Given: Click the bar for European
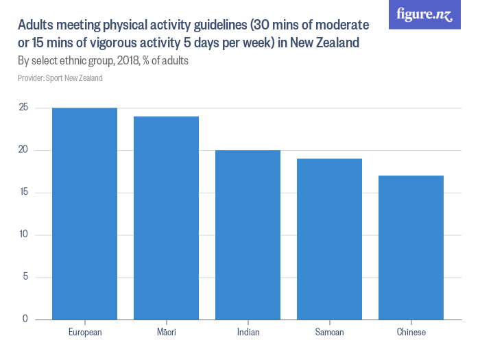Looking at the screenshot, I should pos(85,213).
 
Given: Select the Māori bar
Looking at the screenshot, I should pos(167,217).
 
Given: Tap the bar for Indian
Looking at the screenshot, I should pos(248,235).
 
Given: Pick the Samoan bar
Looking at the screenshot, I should pos(330,239).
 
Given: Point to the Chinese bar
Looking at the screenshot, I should pos(411,247).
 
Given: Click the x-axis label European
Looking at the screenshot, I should pos(85,333).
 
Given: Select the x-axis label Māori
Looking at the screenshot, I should pos(167,333).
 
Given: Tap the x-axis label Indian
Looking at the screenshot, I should pos(248,333).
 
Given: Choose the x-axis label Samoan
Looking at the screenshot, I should pos(330,333).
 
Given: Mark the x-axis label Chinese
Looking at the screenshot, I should pos(411,333).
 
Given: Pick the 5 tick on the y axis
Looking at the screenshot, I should pos(25,277).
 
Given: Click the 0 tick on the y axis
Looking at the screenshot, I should pos(25,319).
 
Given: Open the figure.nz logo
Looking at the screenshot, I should pos(425,14).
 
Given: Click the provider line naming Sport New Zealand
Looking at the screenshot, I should pos(60,78).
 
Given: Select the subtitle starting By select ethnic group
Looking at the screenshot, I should pos(103,61).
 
